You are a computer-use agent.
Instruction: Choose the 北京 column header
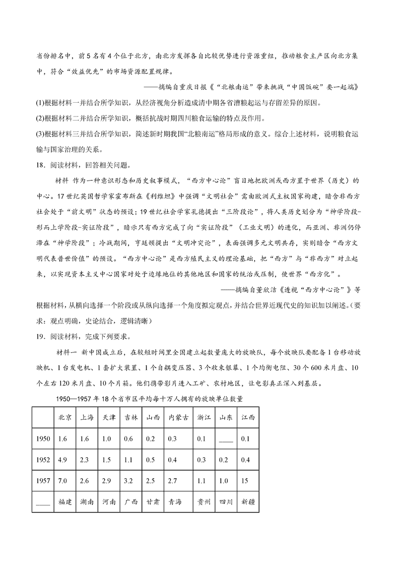click(65, 418)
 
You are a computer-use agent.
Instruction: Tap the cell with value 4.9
click(63, 460)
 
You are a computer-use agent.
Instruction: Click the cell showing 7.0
click(63, 481)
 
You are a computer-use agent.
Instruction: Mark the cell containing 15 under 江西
click(243, 481)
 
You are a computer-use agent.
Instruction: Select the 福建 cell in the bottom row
click(65, 501)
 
